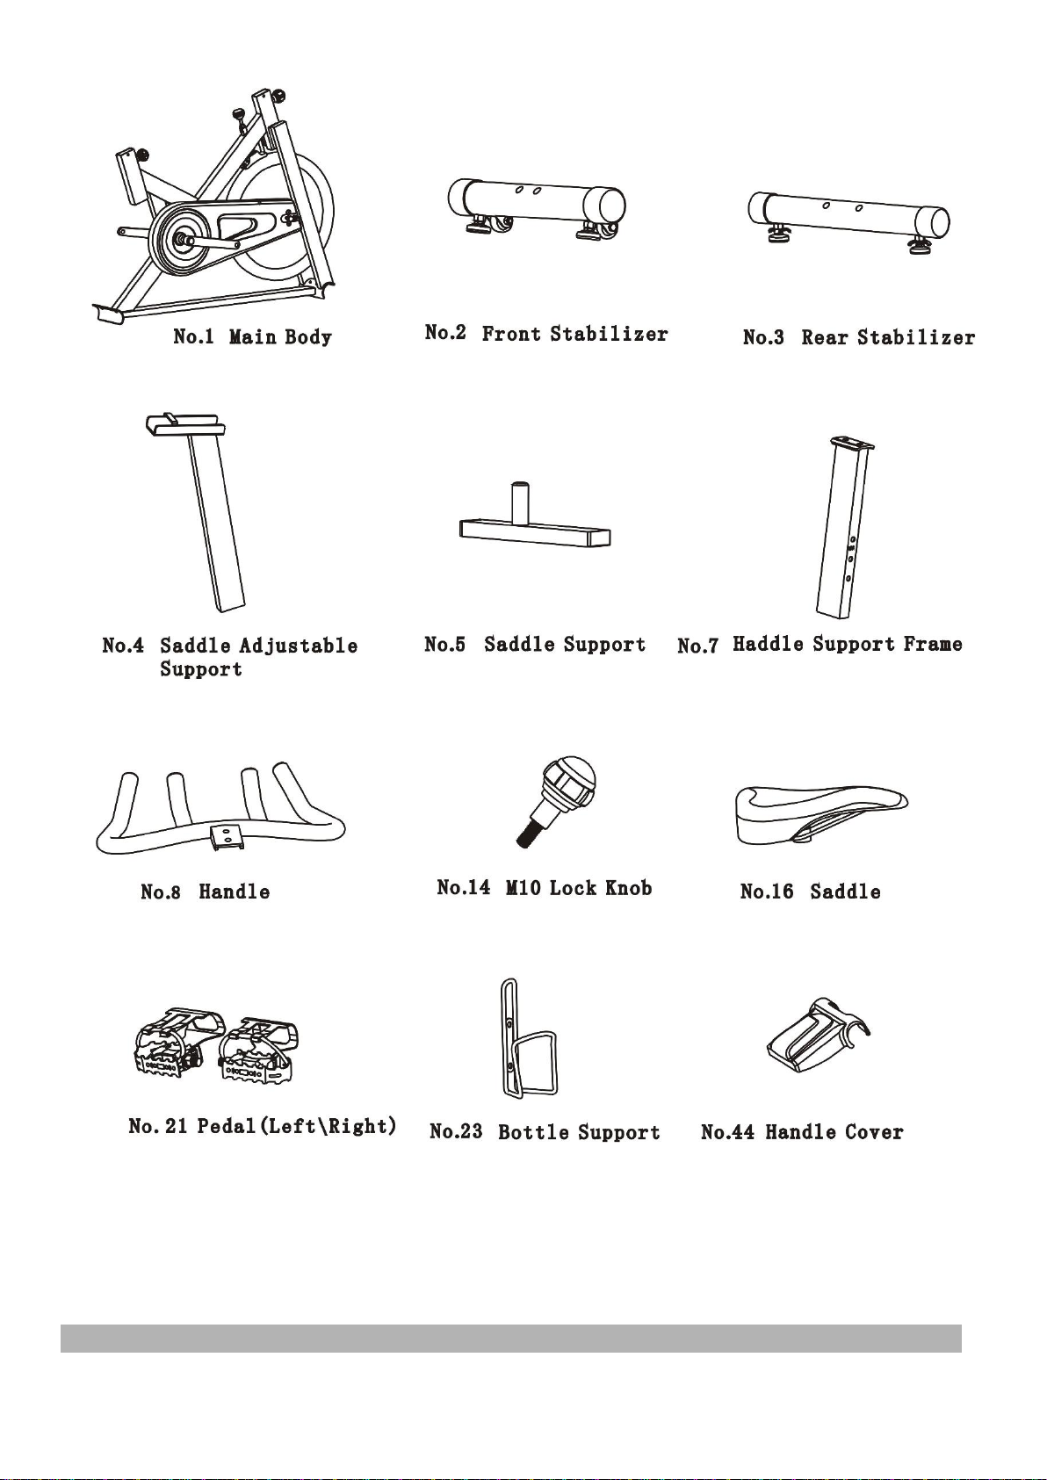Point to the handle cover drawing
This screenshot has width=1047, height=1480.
click(x=818, y=1036)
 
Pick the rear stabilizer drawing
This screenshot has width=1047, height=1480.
click(x=848, y=220)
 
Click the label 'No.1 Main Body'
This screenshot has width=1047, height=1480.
click(x=252, y=337)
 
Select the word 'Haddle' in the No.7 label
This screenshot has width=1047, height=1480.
click(x=768, y=644)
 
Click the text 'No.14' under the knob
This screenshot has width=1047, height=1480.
click(x=463, y=886)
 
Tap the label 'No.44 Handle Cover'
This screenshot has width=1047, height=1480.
click(x=802, y=1132)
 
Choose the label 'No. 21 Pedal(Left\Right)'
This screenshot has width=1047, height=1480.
click(x=263, y=1125)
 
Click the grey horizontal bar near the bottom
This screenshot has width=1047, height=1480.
click(x=510, y=1338)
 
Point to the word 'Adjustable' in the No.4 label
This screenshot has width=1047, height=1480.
click(x=298, y=646)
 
